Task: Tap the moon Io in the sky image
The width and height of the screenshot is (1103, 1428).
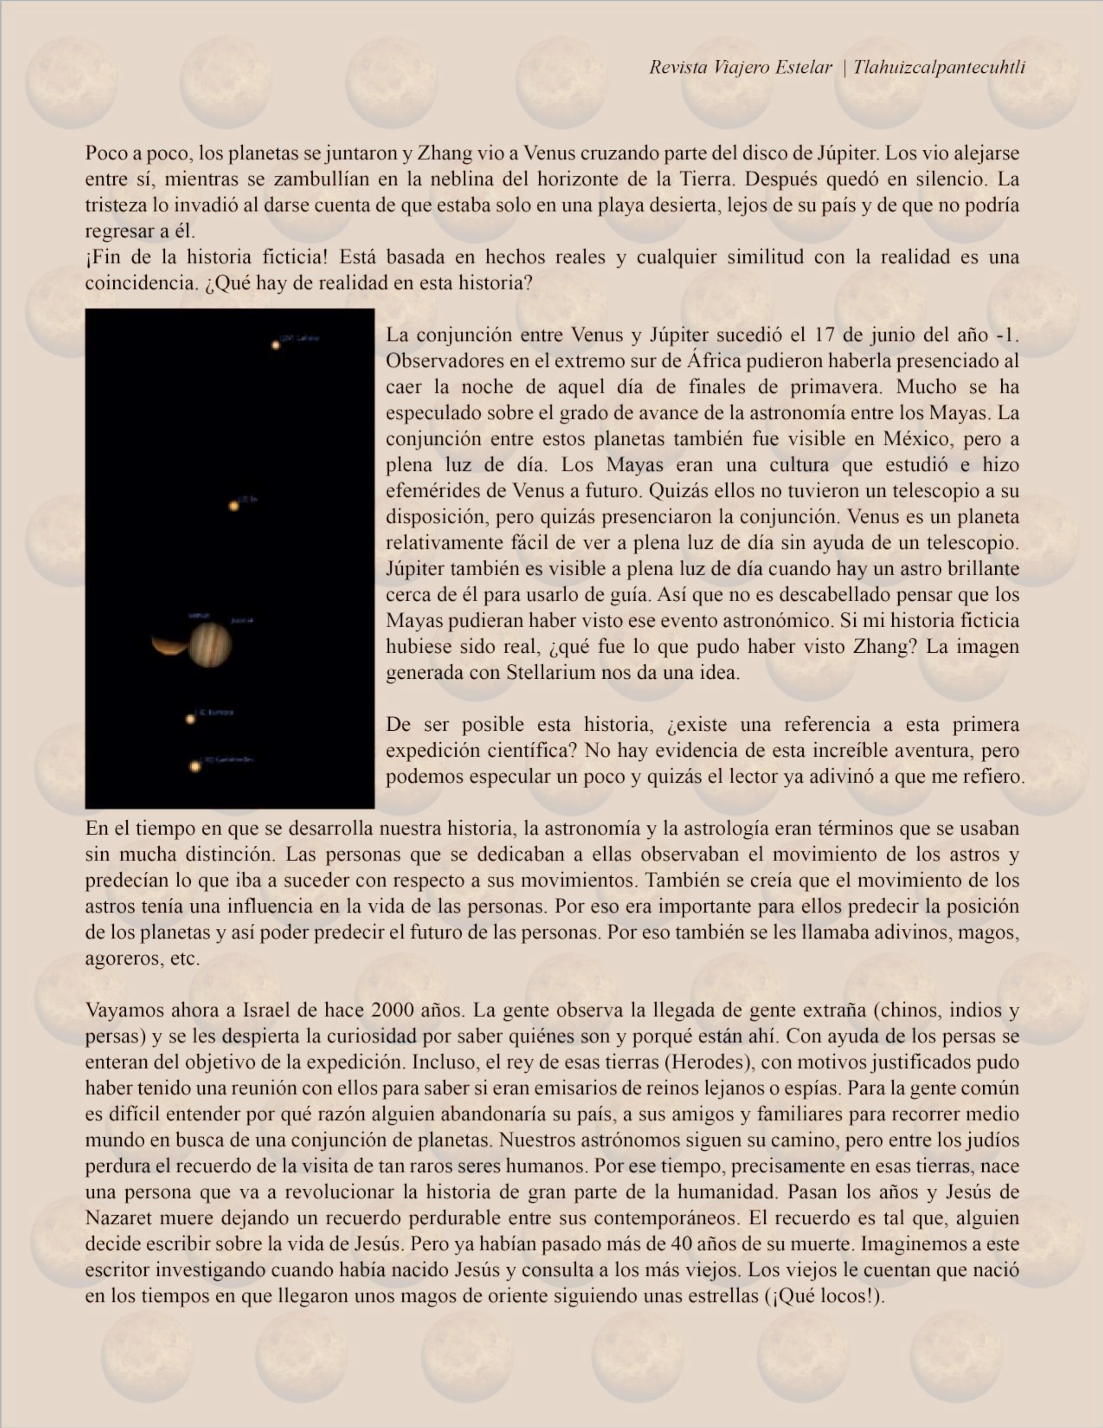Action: point(234,506)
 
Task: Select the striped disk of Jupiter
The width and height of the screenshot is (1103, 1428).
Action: point(209,645)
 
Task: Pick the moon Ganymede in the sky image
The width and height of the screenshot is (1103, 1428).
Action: point(195,766)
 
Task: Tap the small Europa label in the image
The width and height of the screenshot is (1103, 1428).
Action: point(216,712)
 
